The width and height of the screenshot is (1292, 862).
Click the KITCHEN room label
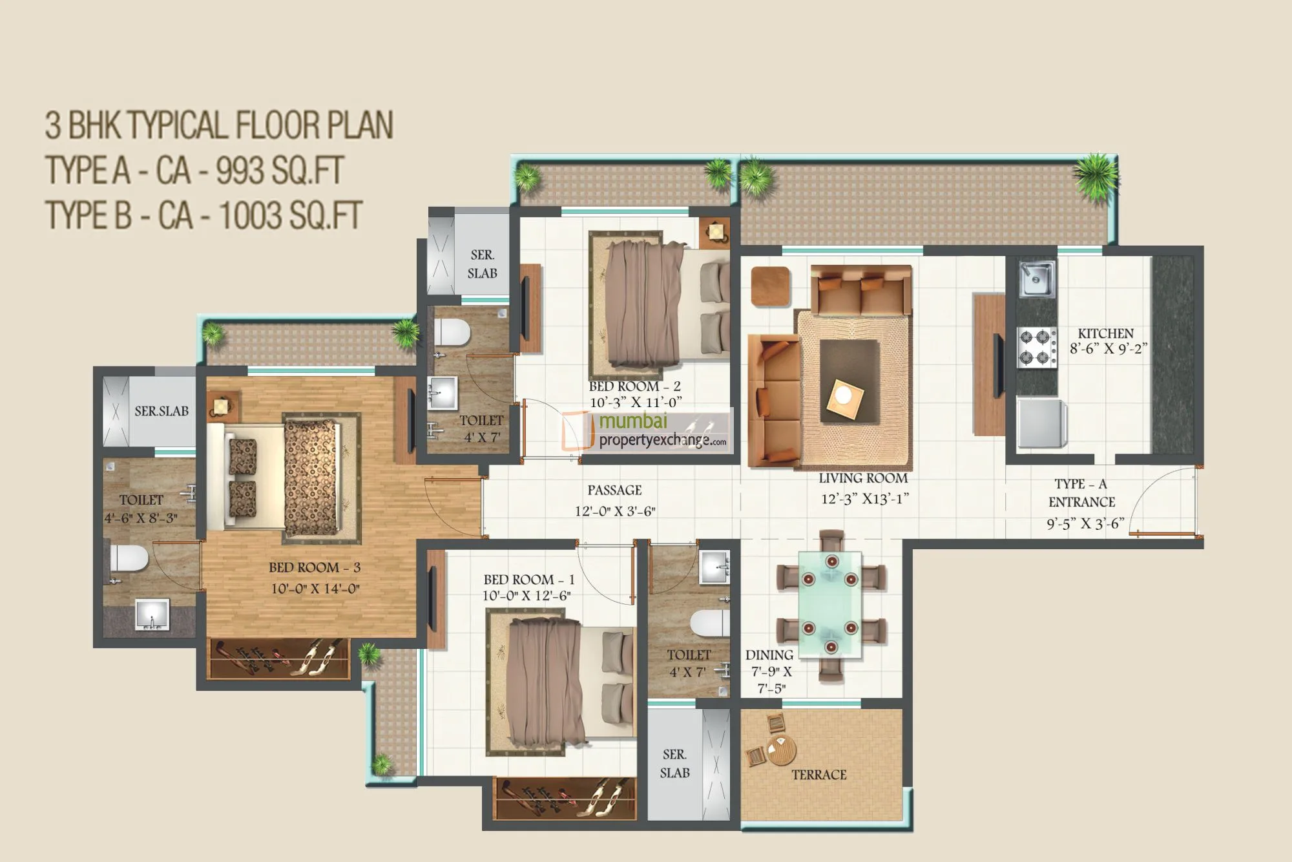[x=1105, y=333]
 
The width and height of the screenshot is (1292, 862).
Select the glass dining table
[x=830, y=604]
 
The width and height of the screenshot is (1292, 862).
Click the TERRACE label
[x=818, y=774]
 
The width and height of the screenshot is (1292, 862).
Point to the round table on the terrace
[x=781, y=750]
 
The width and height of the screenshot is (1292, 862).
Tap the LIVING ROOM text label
[x=863, y=479]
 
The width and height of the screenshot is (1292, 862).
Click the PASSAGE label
[x=614, y=490]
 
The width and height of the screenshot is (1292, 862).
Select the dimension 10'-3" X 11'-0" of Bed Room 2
[x=635, y=403]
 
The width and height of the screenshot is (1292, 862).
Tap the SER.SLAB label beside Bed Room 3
[x=161, y=411]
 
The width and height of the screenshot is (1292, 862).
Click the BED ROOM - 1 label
[x=528, y=580]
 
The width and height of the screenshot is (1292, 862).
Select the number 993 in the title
[x=240, y=171]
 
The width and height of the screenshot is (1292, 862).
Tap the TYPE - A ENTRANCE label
[x=1081, y=493]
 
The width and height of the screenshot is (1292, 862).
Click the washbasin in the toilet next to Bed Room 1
[x=714, y=568]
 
